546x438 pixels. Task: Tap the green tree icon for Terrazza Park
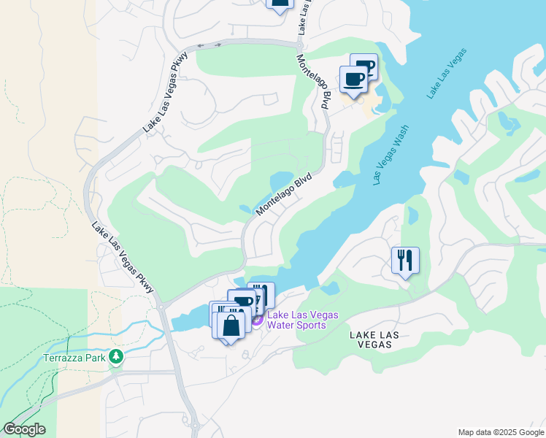[x=115, y=356]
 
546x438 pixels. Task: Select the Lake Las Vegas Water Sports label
[x=303, y=320]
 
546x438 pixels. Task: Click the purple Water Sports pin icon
[x=257, y=320]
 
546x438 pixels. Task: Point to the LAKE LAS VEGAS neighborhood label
[x=374, y=339]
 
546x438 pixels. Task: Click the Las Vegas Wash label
[x=390, y=155]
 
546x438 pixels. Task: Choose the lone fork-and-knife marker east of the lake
[x=405, y=259]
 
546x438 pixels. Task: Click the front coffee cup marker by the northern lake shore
[x=353, y=79]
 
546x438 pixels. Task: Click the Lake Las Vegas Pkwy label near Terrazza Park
[x=123, y=258]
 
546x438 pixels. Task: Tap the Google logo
[x=23, y=429]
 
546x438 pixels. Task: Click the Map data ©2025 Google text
[x=501, y=432]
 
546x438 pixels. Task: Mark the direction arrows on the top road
[x=210, y=45]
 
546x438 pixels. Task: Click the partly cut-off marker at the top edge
[x=279, y=4]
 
